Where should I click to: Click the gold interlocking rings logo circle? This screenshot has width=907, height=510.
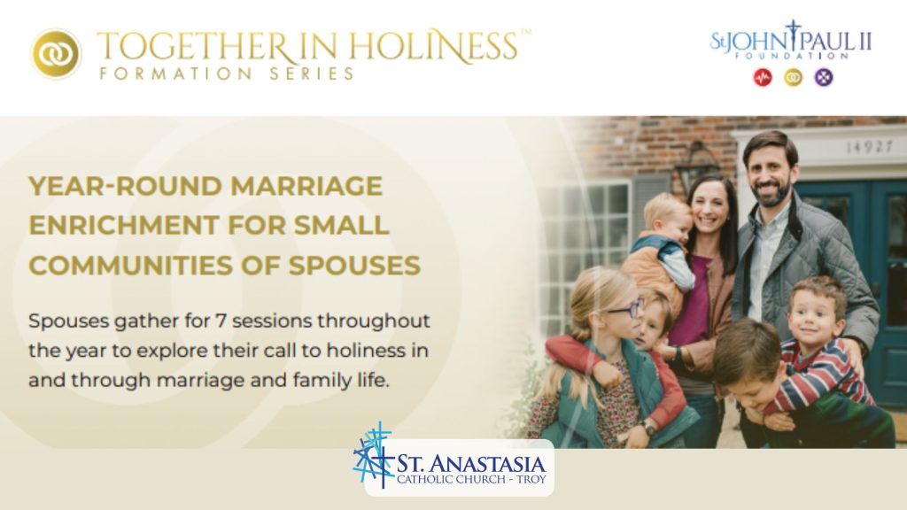tap(56, 54)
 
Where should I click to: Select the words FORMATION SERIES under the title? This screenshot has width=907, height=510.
tap(227, 73)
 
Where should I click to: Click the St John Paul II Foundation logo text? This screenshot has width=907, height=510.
tap(791, 42)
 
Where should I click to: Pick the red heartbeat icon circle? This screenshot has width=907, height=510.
tap(763, 78)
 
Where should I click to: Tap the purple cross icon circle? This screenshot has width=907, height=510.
tap(824, 78)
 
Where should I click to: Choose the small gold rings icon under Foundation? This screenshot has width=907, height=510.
tap(793, 78)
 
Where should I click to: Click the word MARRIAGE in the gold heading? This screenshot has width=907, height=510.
tap(306, 186)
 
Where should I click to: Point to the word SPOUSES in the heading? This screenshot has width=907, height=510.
tap(354, 266)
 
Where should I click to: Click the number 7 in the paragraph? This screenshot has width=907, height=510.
tap(220, 321)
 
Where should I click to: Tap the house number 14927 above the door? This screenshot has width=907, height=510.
tap(870, 147)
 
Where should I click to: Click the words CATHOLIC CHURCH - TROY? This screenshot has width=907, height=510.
tap(471, 479)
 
